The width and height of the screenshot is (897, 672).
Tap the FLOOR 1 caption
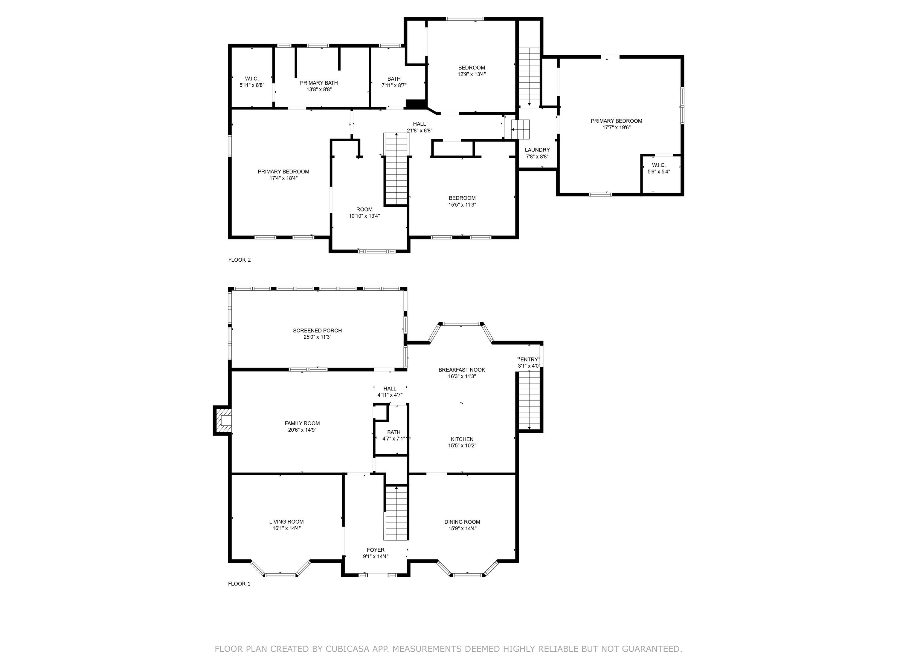[x=239, y=584]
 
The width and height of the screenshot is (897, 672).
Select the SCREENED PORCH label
[x=317, y=331]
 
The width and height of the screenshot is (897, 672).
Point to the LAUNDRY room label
[x=537, y=150]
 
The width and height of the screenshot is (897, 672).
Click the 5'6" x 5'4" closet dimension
[x=659, y=172]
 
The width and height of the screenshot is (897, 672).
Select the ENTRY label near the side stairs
[x=529, y=359]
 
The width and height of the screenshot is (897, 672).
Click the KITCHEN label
[x=462, y=439]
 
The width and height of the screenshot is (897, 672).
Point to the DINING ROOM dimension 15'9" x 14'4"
[x=462, y=528]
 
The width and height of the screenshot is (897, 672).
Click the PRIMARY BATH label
[x=319, y=83]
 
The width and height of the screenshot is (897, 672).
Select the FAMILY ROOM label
[x=302, y=423]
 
